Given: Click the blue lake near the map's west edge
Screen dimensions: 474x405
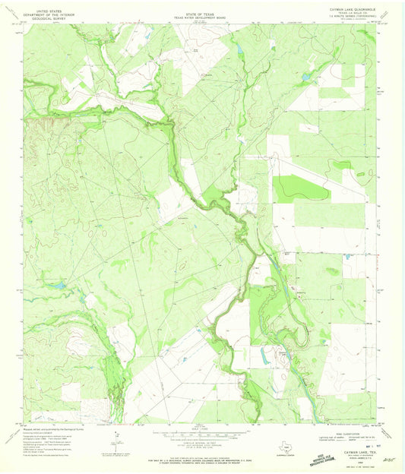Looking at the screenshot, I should [57, 286].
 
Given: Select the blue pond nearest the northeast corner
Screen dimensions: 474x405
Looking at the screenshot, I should [306, 77].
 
